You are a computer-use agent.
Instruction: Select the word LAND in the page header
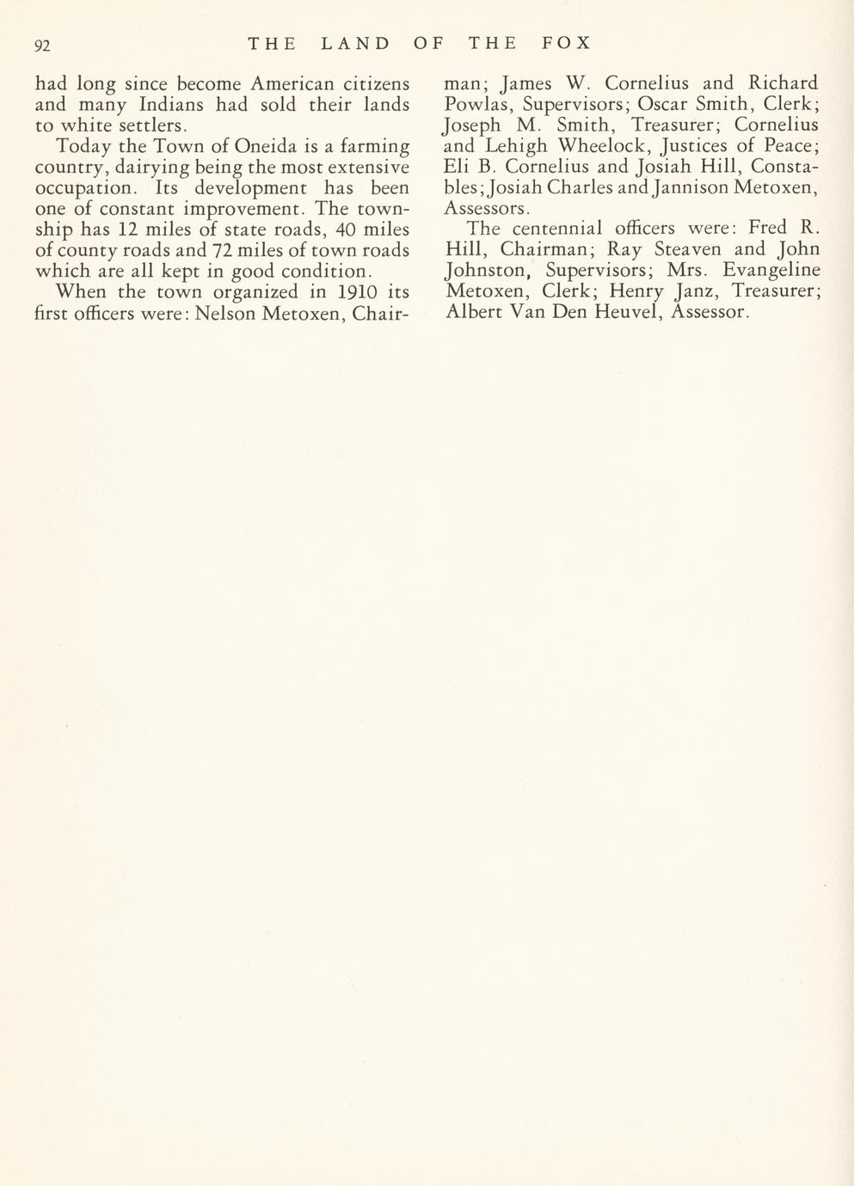[354, 43]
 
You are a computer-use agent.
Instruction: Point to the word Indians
[172, 106]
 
